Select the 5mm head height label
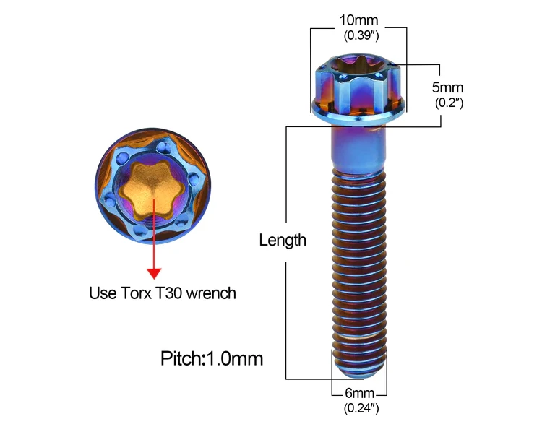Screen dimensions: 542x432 (x=447, y=87)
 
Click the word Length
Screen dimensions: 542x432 (x=283, y=240)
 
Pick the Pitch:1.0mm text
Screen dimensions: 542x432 (x=212, y=358)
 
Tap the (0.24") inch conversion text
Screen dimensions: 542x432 (x=359, y=409)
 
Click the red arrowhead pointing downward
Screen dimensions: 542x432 (x=153, y=272)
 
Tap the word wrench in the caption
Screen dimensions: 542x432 (x=215, y=293)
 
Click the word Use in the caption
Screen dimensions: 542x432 (x=102, y=293)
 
